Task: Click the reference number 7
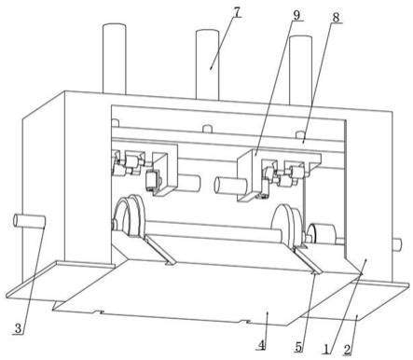(237, 12)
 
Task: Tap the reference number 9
(296, 15)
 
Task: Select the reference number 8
(336, 18)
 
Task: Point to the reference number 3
(18, 328)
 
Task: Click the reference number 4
(262, 345)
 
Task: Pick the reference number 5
(298, 347)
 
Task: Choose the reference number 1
(325, 349)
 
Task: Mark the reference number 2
(347, 350)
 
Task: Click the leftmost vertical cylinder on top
(115, 59)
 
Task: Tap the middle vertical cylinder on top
(207, 64)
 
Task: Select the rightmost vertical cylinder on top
(300, 70)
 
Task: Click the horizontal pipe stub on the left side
(30, 222)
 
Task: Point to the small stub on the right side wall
(397, 244)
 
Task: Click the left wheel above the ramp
(129, 216)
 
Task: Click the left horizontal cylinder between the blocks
(188, 183)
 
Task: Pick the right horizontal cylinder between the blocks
(230, 187)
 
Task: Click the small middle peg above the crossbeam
(207, 128)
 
